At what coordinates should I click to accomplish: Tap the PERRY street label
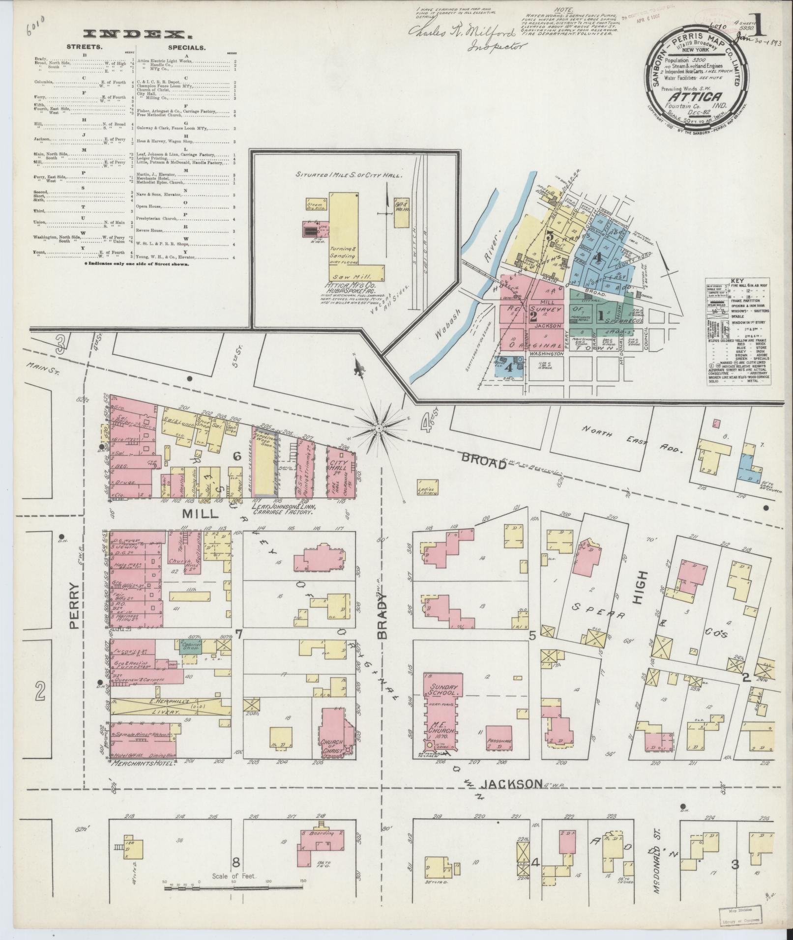[x=74, y=605]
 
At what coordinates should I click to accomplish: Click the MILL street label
[x=201, y=513]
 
